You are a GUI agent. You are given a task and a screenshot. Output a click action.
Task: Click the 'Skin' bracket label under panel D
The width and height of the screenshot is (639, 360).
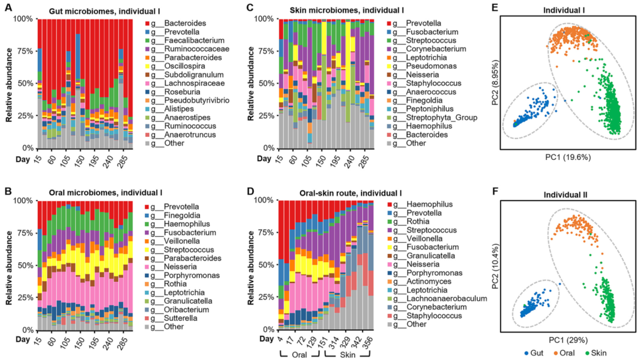coord(347,354)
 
